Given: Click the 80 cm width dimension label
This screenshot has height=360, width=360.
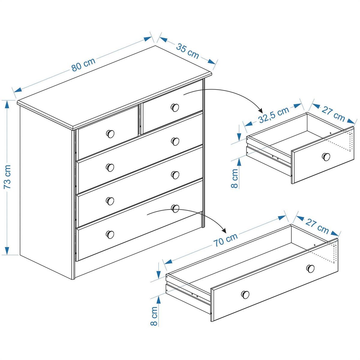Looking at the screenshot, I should [83, 64].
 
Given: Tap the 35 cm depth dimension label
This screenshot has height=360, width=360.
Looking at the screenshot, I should [187, 51].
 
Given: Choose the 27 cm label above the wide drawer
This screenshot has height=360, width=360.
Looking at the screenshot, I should [317, 225].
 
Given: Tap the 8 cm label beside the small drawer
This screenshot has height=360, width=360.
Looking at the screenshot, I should [235, 178].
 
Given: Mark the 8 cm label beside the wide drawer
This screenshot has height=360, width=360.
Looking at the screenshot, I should [154, 316].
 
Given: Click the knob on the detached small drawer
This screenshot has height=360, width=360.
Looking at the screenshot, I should [326, 156].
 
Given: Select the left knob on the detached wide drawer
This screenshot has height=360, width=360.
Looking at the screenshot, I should [245, 295].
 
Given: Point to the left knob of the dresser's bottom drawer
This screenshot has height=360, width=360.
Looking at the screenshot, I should [110, 234].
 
